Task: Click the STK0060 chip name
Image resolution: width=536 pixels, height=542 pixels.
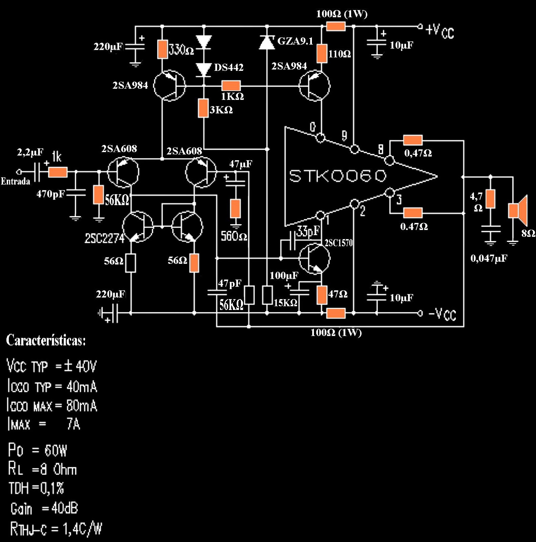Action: [x=338, y=176]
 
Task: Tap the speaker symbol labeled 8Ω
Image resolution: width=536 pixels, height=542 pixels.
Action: [x=518, y=210]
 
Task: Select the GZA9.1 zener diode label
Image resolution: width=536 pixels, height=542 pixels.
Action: [x=295, y=41]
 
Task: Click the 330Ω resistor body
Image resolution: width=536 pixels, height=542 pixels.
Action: [x=162, y=49]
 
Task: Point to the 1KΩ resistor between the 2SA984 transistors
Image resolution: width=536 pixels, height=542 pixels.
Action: [x=231, y=85]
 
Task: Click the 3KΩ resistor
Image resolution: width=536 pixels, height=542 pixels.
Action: [x=203, y=108]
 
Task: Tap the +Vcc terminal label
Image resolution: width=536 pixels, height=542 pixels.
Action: [x=440, y=31]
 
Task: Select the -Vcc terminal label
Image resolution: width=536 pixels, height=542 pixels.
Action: [x=442, y=314]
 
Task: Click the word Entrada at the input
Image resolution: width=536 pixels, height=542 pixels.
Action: [x=15, y=181]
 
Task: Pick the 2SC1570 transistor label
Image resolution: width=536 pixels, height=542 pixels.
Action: [x=338, y=243]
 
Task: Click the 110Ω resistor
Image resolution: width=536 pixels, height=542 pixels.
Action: [x=322, y=54]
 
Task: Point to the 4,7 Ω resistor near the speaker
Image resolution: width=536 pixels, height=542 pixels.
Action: [x=490, y=199]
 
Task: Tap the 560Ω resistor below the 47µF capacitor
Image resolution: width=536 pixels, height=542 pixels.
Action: [x=235, y=208]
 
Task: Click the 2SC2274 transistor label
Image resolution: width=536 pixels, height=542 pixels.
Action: [x=104, y=238]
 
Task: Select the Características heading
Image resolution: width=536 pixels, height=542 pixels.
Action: [x=46, y=340]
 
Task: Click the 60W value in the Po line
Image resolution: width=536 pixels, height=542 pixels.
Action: [x=56, y=451]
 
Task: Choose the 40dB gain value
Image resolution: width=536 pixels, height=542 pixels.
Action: [x=64, y=508]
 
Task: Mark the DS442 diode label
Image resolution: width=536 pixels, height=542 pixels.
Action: [x=229, y=67]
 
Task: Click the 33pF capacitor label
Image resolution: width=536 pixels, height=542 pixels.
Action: [x=308, y=231]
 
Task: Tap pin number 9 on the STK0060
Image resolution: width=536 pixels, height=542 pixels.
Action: [x=344, y=136]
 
